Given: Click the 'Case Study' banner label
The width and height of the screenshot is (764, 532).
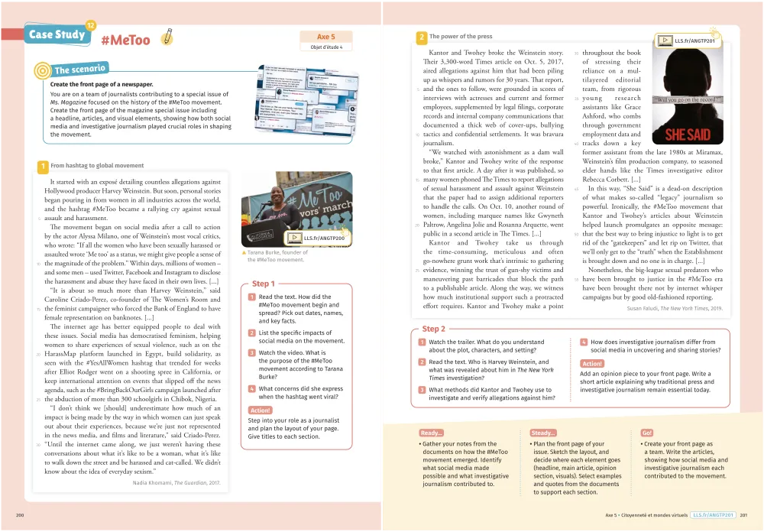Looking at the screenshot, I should coord(56,35).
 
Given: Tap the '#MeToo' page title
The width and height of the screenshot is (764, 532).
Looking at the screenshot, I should coord(125,40).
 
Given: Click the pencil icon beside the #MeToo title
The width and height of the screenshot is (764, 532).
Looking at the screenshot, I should coord(167,36).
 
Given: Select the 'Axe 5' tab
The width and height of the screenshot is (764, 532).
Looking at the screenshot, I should coord(326,36).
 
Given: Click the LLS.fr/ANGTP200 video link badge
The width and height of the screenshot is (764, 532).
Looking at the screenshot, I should coord(317,238).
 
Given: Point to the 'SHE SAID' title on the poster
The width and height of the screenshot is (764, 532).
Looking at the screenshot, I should coord(688,135).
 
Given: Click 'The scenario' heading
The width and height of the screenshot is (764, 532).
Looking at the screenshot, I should coord(79,70).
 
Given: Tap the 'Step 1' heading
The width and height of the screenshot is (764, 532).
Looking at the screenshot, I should coord(264,284).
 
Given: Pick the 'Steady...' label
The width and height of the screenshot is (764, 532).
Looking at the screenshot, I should coord(542,433).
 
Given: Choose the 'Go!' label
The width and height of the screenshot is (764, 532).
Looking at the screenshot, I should coord(647,433).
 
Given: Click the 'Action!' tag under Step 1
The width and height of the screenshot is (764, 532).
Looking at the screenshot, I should coord(261,410).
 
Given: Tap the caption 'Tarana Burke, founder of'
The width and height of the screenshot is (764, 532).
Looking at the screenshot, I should coord(275,252).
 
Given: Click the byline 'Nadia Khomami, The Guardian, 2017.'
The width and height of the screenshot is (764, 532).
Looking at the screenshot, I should coord(176,482).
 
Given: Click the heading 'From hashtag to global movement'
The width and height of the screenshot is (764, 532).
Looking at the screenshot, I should coord(97,165).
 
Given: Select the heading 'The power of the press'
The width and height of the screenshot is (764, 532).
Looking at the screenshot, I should coord(461,36).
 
